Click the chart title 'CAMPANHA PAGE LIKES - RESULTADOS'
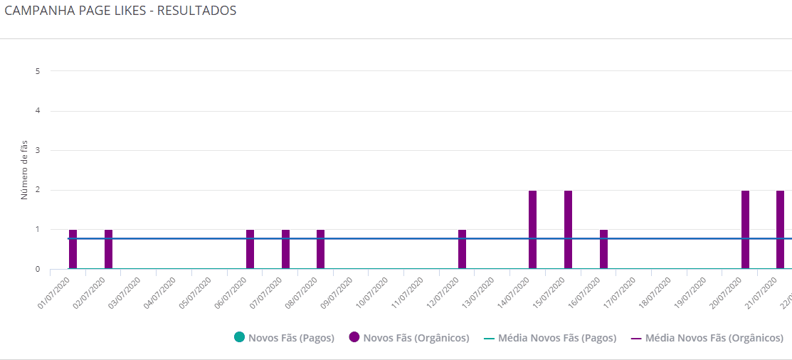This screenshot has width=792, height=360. coord(120,11)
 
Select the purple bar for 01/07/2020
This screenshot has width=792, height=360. coord(73,250)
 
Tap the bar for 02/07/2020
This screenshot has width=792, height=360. coord(108,250)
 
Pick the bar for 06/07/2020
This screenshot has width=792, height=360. coord(250,250)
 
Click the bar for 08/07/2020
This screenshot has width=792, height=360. coord(320,250)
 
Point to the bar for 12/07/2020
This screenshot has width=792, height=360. coord(462,250)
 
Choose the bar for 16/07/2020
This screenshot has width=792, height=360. coord(603,250)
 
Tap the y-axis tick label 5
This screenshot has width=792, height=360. coord(37,71)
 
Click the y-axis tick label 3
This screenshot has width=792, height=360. coord(37,151)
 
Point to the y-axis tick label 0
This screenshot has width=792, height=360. coord(37,270)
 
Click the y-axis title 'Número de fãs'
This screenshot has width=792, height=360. coord(23,170)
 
